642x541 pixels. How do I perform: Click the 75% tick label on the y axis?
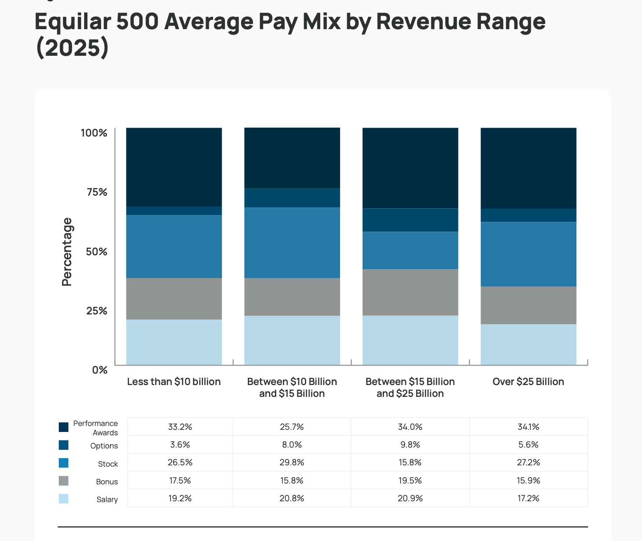point(97,192)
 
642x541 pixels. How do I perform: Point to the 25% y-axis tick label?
point(97,311)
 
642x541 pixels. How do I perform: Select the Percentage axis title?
point(67,251)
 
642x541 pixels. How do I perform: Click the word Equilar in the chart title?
point(72,22)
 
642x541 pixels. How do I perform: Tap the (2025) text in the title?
point(72,47)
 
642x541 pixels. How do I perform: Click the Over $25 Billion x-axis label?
point(528,382)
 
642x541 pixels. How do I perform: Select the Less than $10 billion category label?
point(174,382)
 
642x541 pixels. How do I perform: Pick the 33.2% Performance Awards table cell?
point(180,427)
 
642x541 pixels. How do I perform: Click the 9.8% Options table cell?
point(410,445)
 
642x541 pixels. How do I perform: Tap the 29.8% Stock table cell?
point(292,462)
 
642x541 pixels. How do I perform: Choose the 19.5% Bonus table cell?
point(410,481)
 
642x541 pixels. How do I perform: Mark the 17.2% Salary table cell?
point(528,498)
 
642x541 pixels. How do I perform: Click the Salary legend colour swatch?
point(63,499)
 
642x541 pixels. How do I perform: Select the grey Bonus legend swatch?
point(63,481)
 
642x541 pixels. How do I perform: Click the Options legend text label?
point(104,446)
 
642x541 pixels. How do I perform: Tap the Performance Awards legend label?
point(96,428)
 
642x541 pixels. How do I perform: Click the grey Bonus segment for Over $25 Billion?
point(528,305)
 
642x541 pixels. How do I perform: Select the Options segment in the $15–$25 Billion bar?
point(410,220)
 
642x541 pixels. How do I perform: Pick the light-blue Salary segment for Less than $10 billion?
point(174,342)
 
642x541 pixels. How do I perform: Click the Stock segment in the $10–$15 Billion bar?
point(292,243)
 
